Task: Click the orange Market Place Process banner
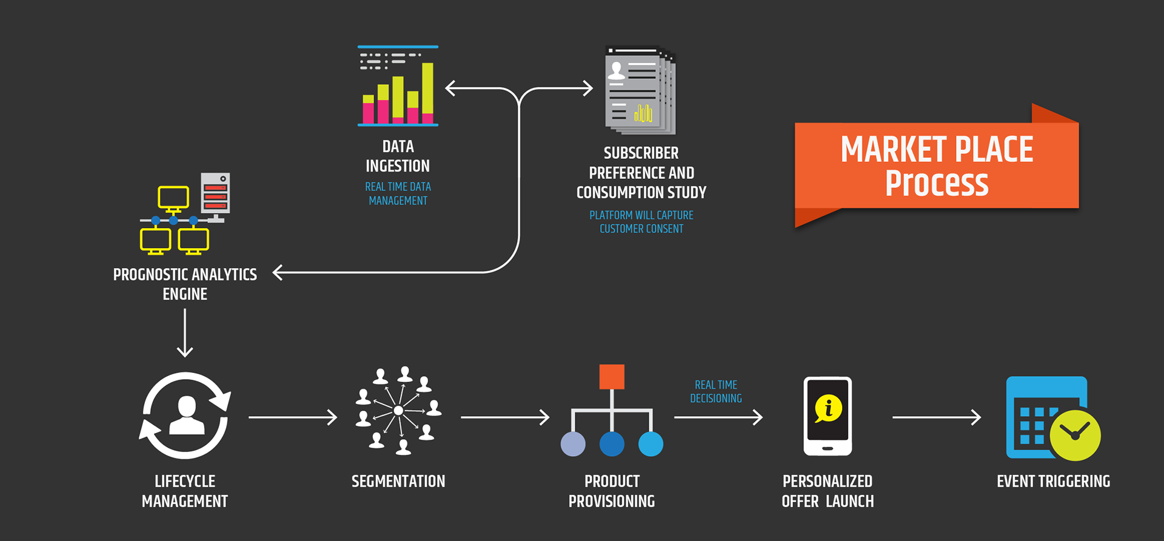[937, 166]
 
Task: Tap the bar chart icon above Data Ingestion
[398, 86]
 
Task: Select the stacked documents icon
[640, 90]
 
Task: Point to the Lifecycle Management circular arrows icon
[185, 415]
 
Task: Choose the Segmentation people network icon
[398, 411]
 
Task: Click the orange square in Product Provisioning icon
[612, 377]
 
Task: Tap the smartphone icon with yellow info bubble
[828, 416]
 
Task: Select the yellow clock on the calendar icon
[1075, 435]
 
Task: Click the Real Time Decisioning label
[716, 392]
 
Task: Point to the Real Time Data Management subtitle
[398, 193]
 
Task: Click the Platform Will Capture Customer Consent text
[641, 222]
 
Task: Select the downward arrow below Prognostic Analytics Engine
[185, 333]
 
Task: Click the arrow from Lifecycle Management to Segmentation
[293, 417]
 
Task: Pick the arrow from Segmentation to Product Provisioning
[505, 417]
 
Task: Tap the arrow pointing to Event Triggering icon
[937, 417]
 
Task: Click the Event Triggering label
[1054, 482]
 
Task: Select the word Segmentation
[398, 482]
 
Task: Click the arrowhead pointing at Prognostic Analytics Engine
[278, 272]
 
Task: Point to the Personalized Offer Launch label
[828, 491]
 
